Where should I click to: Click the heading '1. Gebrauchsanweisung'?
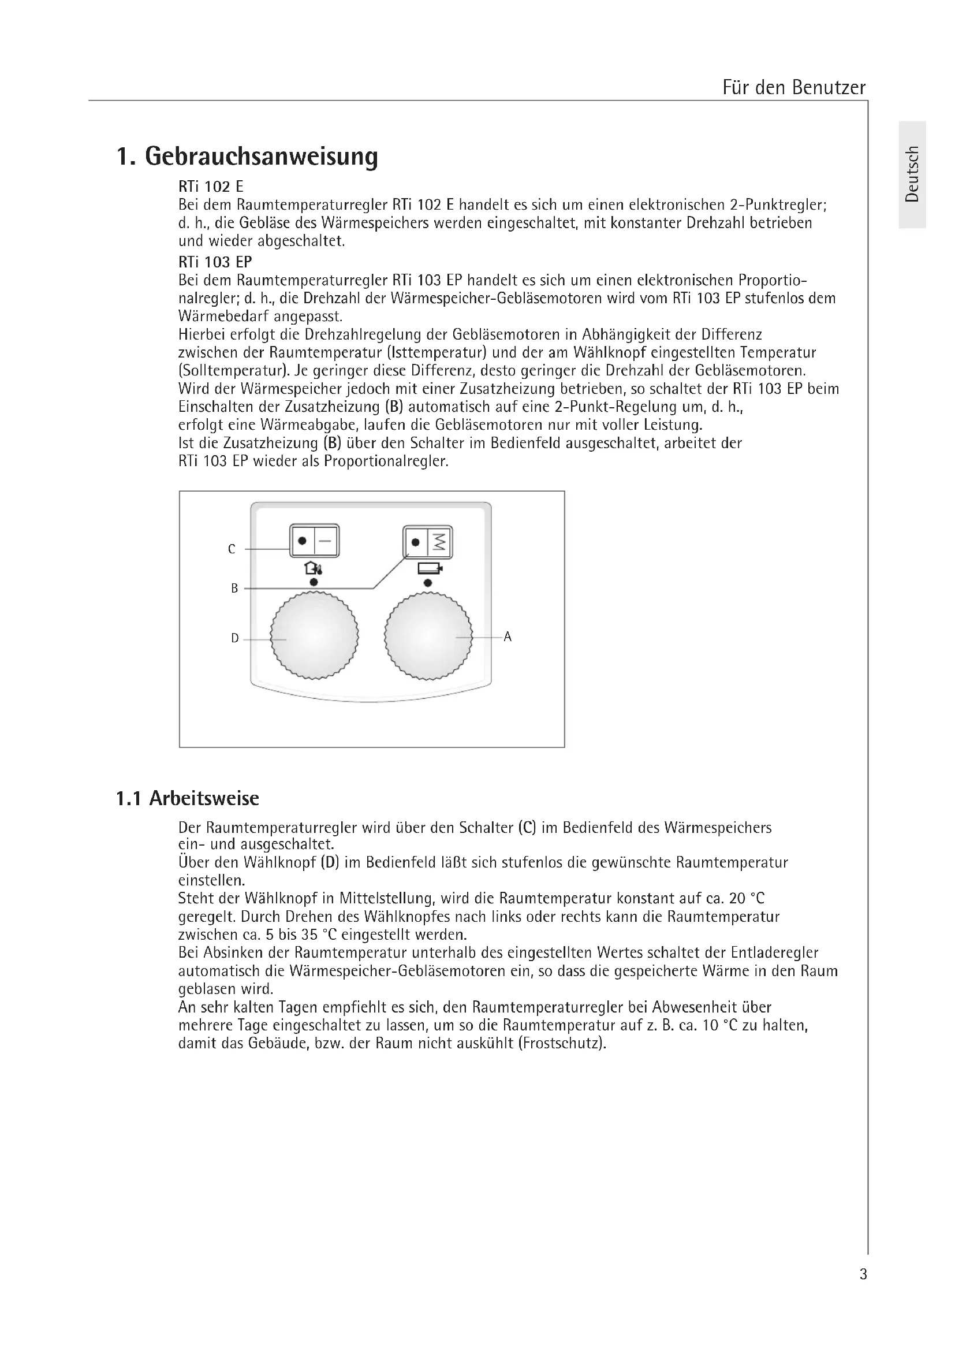click(247, 157)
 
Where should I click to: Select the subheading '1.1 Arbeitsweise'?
click(188, 798)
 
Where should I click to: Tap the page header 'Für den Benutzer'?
click(793, 88)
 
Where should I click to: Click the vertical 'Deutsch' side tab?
click(912, 174)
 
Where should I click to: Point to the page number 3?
click(863, 1274)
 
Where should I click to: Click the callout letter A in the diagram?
click(508, 637)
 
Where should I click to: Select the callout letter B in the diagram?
click(234, 589)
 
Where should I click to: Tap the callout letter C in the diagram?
click(232, 549)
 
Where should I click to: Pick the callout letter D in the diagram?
click(234, 638)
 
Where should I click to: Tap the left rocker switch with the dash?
click(315, 540)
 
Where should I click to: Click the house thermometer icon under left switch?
click(313, 568)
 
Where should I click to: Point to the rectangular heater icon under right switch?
click(429, 568)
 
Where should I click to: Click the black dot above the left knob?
click(314, 582)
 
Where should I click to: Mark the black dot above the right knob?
click(427, 583)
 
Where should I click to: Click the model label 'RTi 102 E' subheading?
click(211, 187)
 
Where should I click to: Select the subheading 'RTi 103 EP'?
click(215, 262)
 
